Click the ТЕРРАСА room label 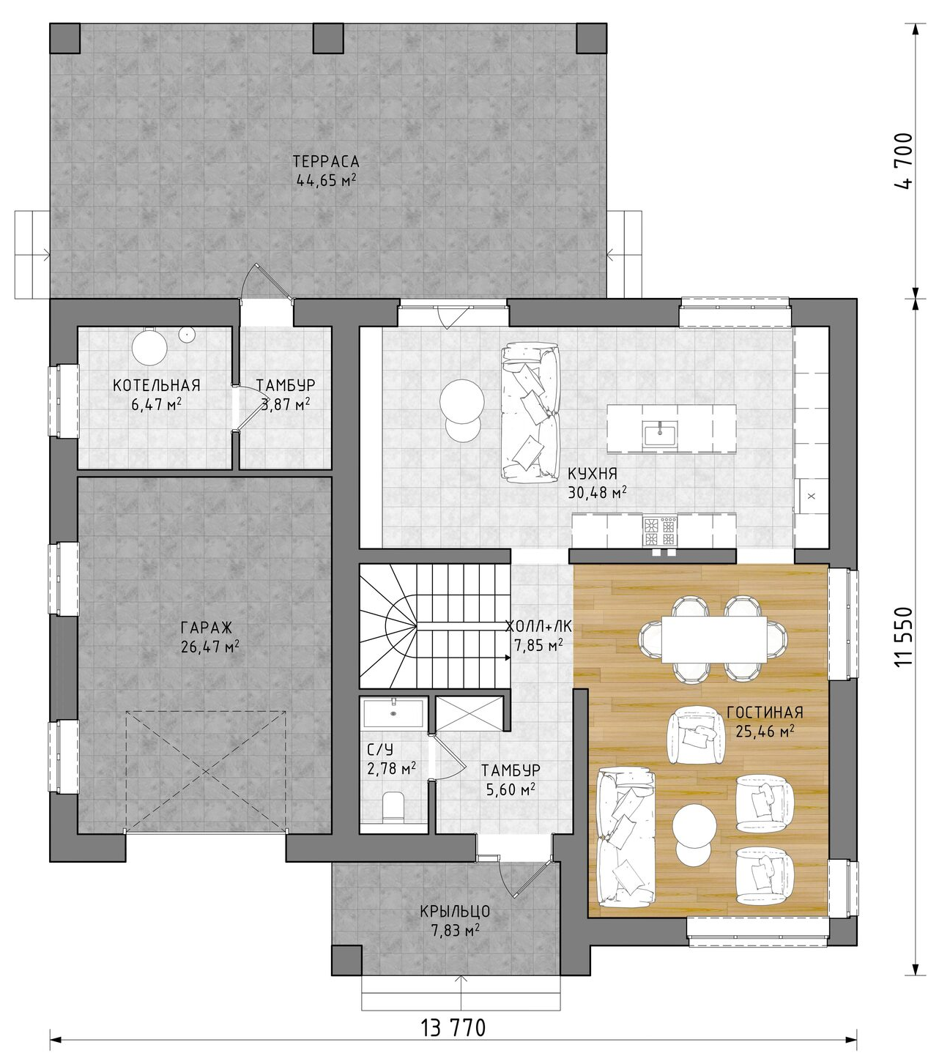[326, 160]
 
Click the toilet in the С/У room [393, 807]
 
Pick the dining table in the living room [713, 639]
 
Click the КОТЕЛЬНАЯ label [157, 385]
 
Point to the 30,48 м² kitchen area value [598, 492]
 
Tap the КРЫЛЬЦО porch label [455, 911]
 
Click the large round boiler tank [149, 346]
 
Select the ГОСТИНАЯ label [765, 712]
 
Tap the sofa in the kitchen [530, 413]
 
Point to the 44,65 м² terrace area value [327, 180]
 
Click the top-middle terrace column [328, 38]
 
